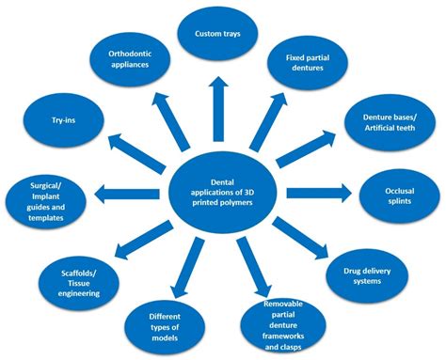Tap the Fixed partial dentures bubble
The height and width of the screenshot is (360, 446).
tap(310, 66)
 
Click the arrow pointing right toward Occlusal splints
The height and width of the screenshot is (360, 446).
tap(319, 194)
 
